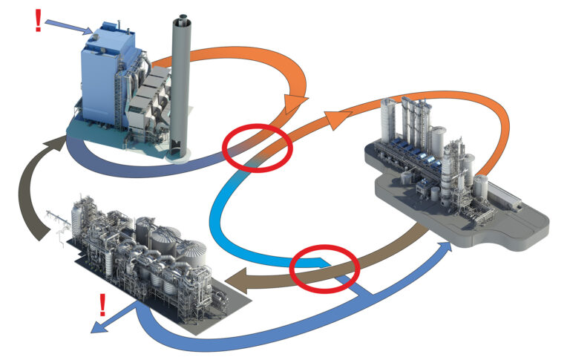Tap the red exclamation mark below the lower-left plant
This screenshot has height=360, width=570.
click(101, 304)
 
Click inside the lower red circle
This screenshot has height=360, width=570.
click(324, 270)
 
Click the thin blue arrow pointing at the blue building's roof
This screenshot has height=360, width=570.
click(71, 26)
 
